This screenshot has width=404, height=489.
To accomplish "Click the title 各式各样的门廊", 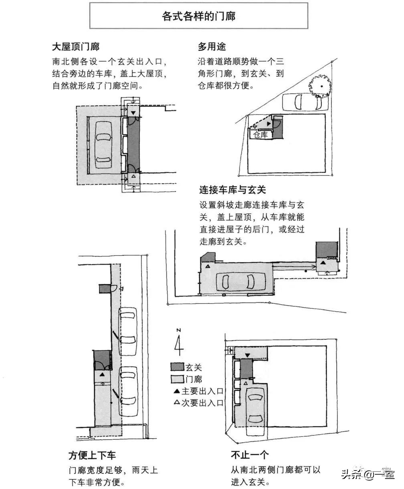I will [198, 16].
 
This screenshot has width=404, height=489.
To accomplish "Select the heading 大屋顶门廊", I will [76, 47].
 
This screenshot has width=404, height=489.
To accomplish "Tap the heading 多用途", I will [212, 47].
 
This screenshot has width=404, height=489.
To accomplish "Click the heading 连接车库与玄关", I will [232, 189].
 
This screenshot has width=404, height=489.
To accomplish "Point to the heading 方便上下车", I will [92, 455].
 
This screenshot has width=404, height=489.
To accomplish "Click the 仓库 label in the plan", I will [261, 135].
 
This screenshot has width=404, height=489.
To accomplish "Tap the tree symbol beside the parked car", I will [319, 85].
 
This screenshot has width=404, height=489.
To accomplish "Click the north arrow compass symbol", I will [178, 343].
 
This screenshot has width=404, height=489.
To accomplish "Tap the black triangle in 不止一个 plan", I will [247, 355].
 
